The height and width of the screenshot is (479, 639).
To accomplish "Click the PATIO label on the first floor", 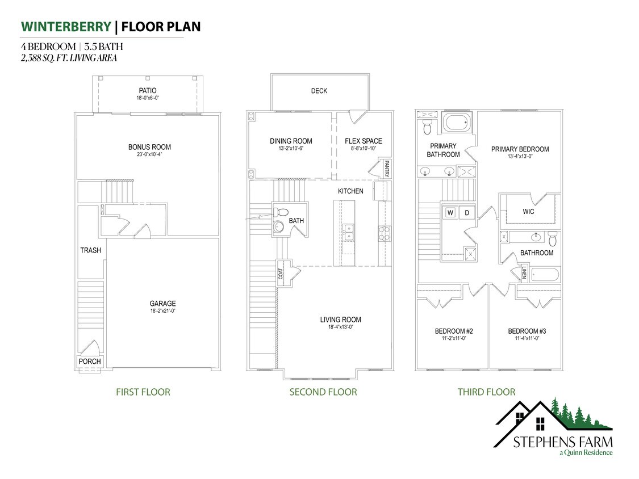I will (x=148, y=90).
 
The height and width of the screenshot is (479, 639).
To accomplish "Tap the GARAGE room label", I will (x=162, y=304).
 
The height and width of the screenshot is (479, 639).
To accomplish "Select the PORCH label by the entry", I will (x=90, y=361).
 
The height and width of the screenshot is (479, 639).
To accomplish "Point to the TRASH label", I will (x=90, y=250).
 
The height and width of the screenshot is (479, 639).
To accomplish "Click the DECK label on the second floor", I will (x=319, y=91).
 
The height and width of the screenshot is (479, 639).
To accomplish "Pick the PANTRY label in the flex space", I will (x=387, y=169).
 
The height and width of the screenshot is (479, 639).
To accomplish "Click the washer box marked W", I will (x=450, y=213).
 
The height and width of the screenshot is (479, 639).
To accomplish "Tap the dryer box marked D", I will (x=467, y=213).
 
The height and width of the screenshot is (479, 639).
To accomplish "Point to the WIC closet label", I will (x=528, y=212).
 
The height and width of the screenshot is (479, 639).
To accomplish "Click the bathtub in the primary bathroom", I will (x=457, y=123).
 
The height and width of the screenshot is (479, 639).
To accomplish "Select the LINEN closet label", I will (x=524, y=272).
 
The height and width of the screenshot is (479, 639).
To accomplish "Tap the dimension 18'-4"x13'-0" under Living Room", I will (x=340, y=327).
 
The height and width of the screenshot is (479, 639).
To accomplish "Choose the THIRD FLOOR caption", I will (x=486, y=392).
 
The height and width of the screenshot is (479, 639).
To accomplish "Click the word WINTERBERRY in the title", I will (x=65, y=27).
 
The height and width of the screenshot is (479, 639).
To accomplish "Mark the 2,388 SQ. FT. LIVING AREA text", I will (x=69, y=57).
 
